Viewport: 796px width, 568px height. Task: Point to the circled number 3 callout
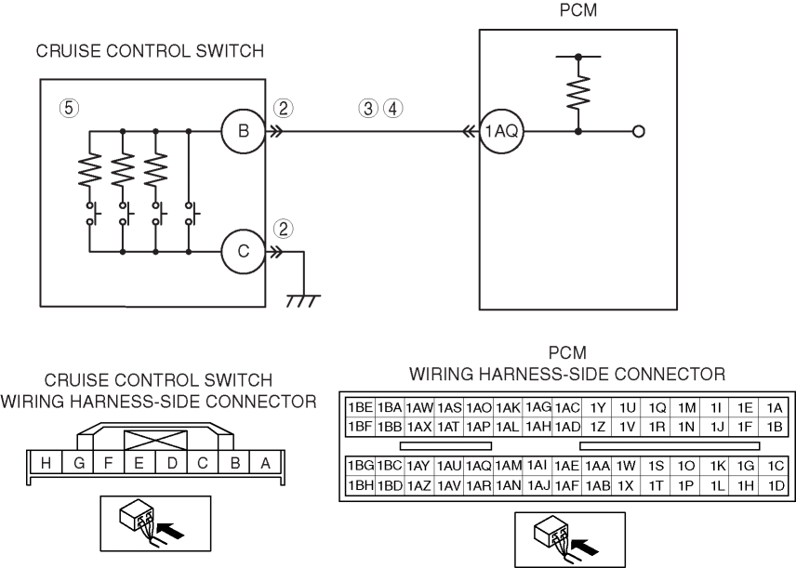(x=368, y=108)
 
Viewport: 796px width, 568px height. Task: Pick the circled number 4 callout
(x=394, y=108)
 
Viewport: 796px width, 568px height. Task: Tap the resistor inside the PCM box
(x=578, y=92)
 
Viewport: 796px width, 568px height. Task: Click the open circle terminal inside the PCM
(x=638, y=132)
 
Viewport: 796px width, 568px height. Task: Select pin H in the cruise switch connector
(x=46, y=462)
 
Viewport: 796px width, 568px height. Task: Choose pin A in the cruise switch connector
(x=265, y=462)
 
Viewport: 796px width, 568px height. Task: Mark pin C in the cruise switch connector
(x=202, y=462)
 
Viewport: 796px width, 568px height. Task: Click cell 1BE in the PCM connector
(x=360, y=407)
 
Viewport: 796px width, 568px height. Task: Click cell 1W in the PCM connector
(x=626, y=466)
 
